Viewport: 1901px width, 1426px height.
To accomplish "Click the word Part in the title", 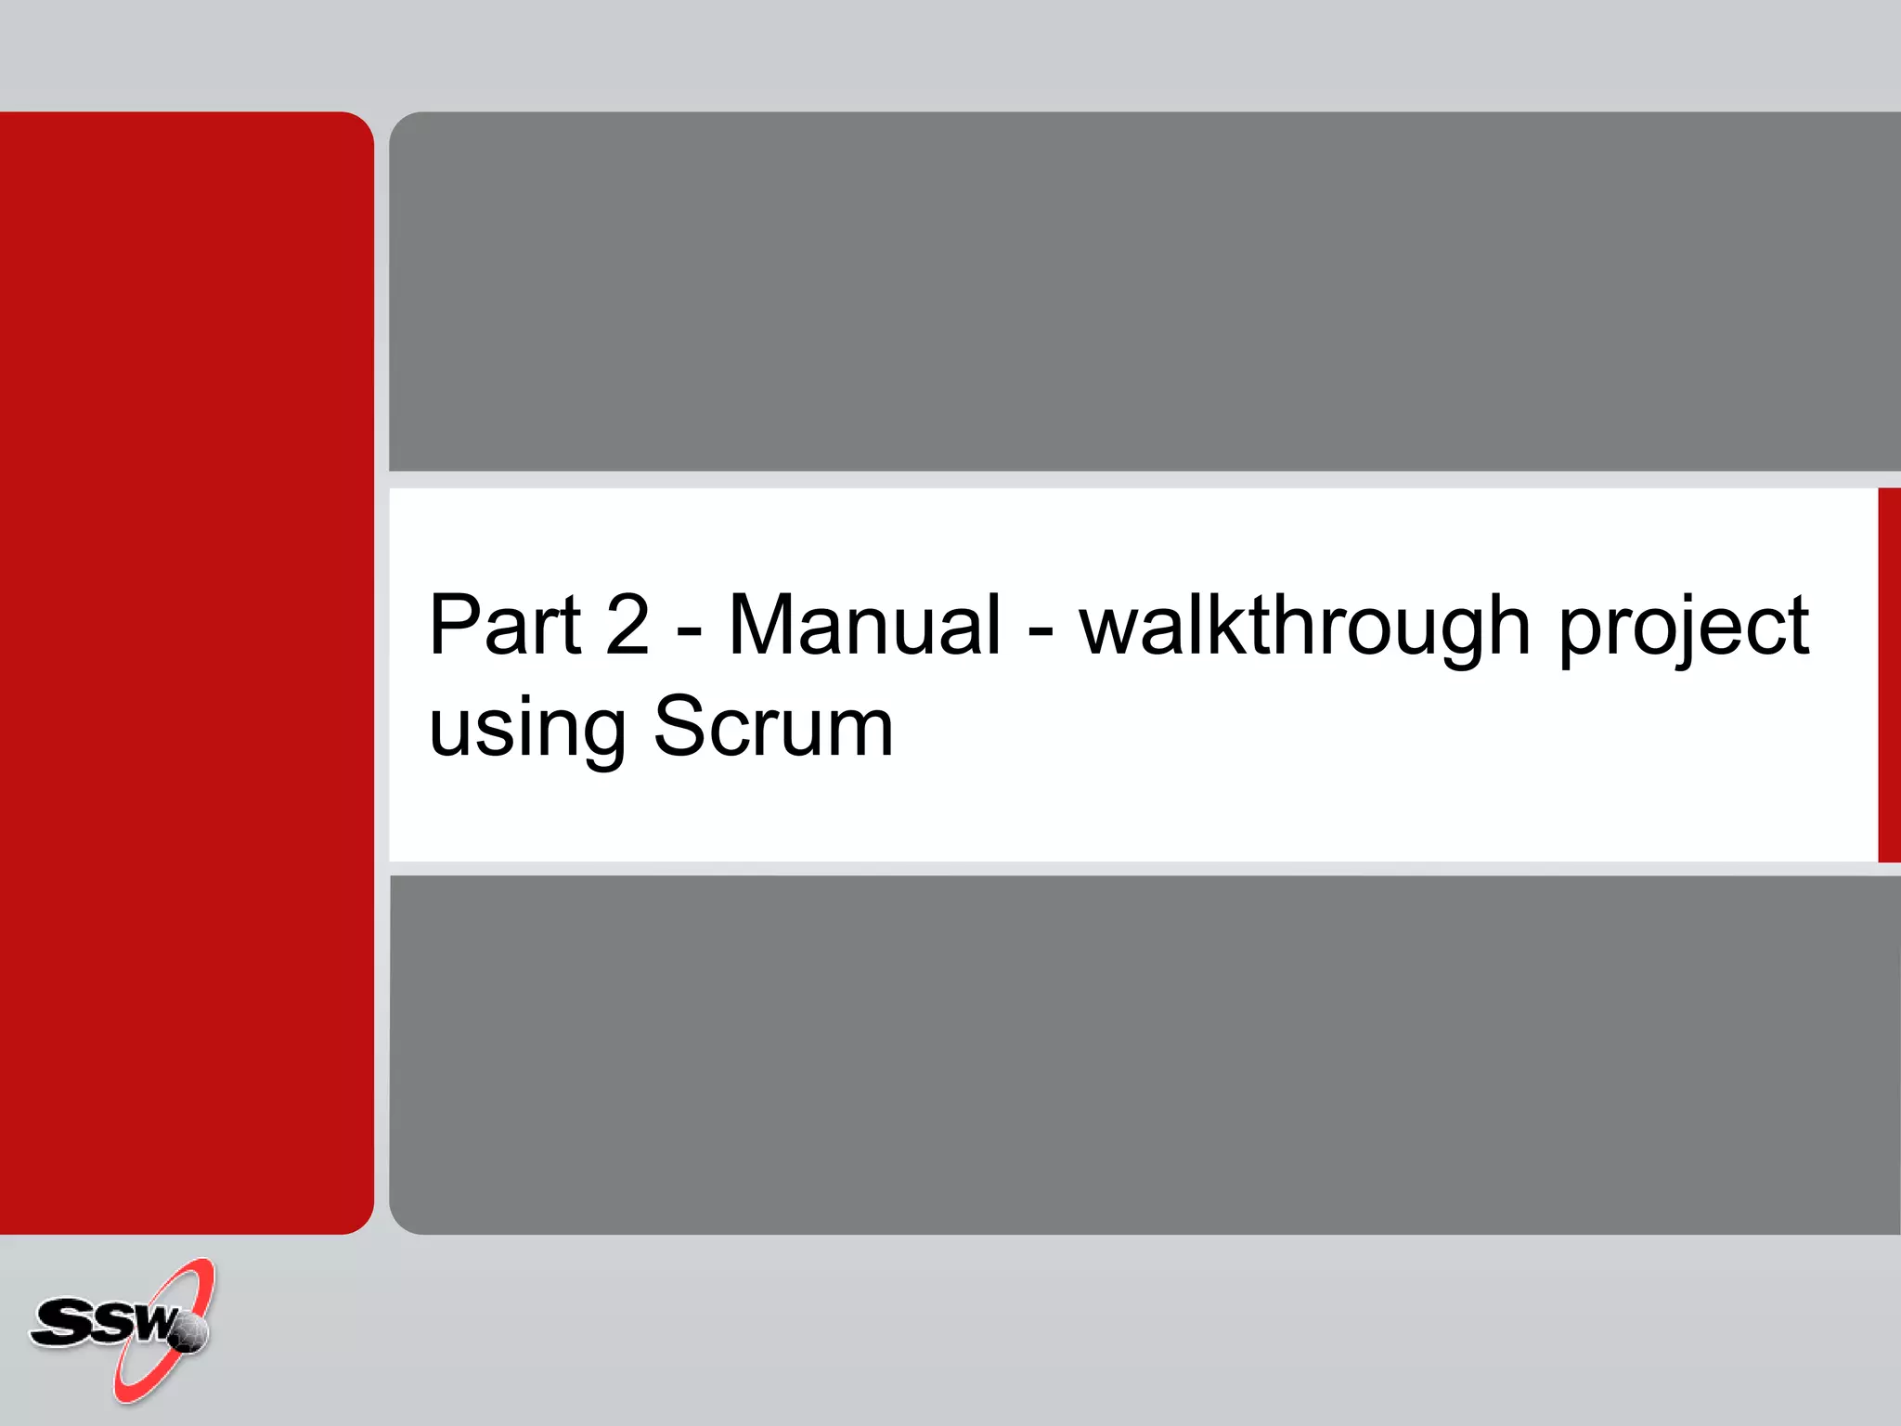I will click(x=505, y=626).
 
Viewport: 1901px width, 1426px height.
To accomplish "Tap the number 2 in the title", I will click(x=627, y=626).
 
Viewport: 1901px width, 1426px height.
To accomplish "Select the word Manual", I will click(x=864, y=626).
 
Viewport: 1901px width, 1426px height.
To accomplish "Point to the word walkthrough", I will click(x=1304, y=626).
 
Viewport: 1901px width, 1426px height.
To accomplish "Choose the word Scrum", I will click(x=773, y=726).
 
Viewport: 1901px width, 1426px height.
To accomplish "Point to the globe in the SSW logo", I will click(x=189, y=1333).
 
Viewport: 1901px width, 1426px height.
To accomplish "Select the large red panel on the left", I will click(x=186, y=672).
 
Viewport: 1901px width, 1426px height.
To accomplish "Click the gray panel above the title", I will click(x=1144, y=292).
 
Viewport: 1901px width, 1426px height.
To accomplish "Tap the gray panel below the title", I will click(x=1144, y=1055).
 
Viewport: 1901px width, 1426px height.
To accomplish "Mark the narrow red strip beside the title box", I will click(x=1889, y=675).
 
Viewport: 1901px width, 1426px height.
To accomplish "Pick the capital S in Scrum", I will click(x=682, y=726).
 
